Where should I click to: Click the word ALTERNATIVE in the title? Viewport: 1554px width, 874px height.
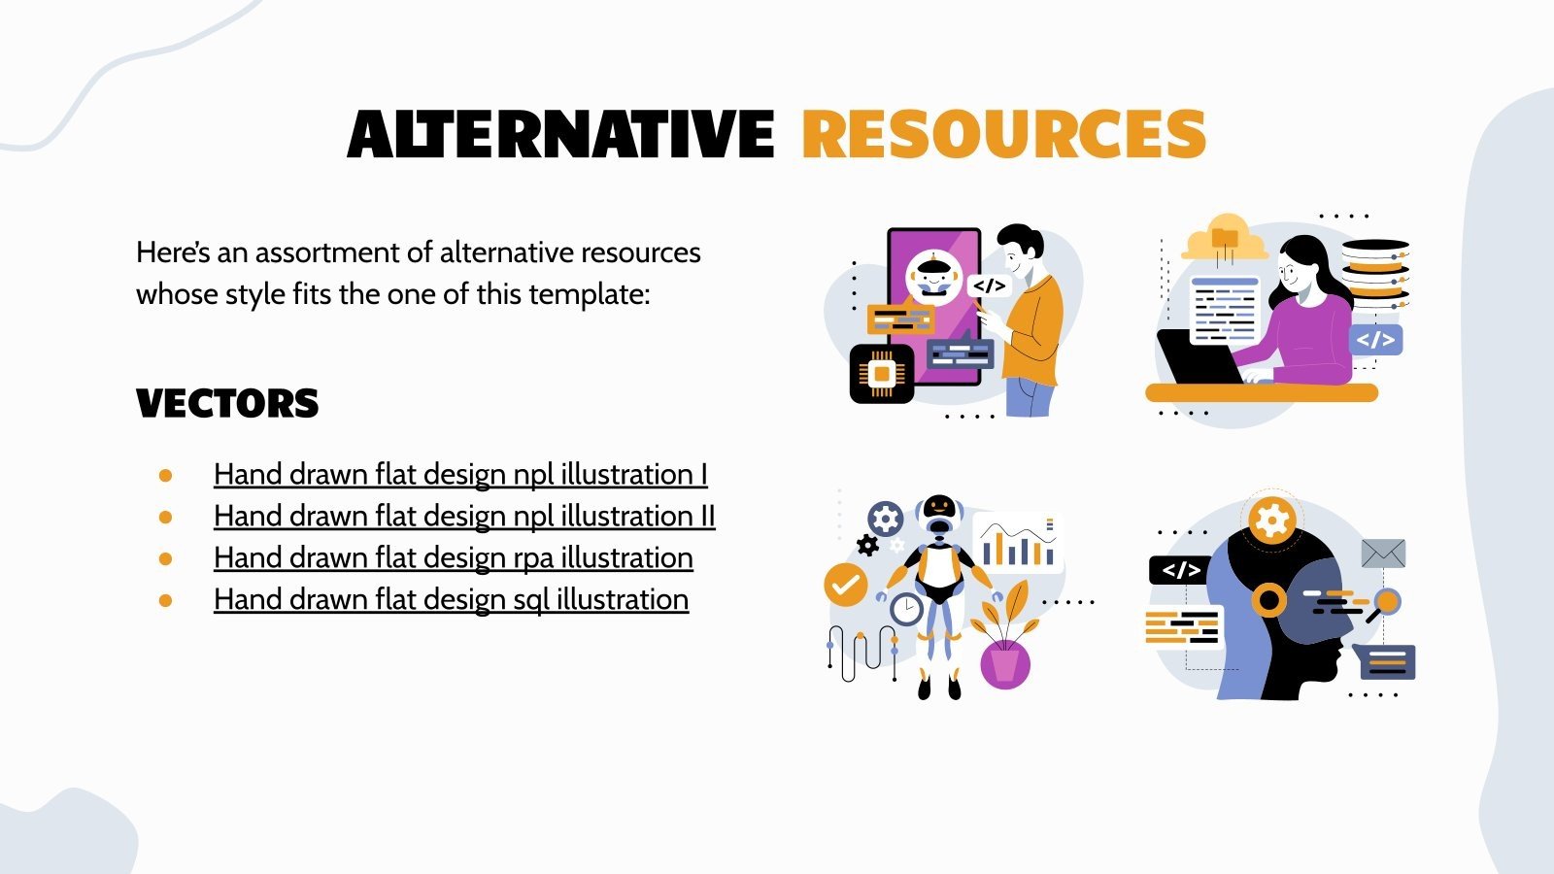560,134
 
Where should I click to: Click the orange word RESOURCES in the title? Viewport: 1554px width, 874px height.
1003,134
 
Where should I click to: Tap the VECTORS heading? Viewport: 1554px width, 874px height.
227,404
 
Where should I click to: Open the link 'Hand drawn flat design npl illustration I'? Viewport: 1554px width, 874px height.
460,475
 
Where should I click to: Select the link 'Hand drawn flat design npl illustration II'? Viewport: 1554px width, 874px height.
464,517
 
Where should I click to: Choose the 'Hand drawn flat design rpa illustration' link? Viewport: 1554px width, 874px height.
453,558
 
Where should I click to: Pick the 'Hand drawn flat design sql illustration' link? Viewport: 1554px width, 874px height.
451,600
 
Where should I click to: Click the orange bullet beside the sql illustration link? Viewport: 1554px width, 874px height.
166,601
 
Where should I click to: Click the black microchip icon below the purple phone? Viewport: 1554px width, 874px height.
882,374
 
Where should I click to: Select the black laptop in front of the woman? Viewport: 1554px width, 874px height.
1198,358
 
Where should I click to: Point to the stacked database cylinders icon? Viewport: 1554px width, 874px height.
1374,273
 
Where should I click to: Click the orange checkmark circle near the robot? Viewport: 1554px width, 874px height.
846,585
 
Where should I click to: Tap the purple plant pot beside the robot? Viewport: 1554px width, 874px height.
1005,664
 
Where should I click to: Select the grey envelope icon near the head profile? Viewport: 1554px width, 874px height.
1383,554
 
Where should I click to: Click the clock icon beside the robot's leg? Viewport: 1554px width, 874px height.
907,609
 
